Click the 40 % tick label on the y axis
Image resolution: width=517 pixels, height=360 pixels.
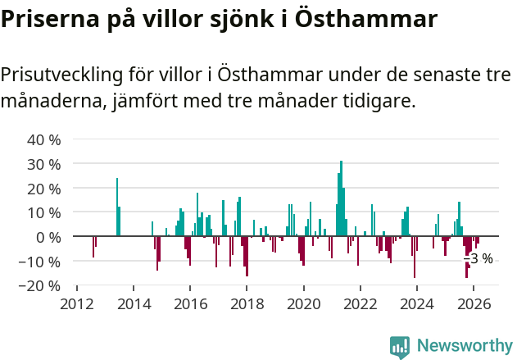point(44,139)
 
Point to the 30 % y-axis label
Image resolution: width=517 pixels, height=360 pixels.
point(44,164)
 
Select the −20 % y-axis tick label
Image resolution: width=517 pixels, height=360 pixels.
point(41,286)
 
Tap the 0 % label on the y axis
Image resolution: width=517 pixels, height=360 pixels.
point(48,237)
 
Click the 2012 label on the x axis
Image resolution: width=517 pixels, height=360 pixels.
point(77,303)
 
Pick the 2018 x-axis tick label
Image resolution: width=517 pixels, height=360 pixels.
point(247,303)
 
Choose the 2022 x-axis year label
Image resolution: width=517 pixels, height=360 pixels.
point(360,303)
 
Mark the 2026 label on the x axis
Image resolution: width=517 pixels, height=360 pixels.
point(473,303)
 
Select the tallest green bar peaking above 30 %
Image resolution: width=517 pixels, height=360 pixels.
point(341,199)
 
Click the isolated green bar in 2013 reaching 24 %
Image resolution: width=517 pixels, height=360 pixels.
point(117,207)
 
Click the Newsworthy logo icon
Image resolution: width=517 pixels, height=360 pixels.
point(400,347)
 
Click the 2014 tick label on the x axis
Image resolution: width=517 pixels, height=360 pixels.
point(134,303)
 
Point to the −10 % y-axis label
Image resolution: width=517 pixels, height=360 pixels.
point(41,262)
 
